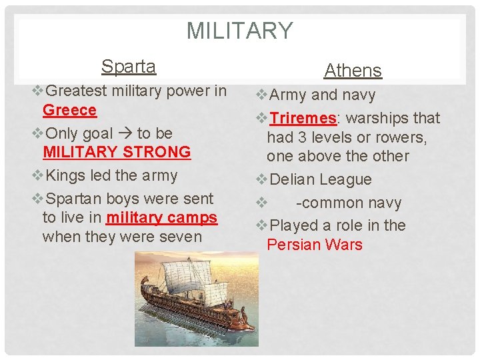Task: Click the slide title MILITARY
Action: pos(239,31)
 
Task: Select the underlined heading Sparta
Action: pos(129,66)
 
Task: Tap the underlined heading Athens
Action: pos(353,70)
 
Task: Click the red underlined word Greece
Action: pos(69,110)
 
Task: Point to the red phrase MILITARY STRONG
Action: pos(117,152)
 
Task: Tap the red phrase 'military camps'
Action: pos(161,218)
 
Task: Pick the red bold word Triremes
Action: pos(303,119)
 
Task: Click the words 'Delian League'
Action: pos(319,180)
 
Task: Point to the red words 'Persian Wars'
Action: pos(314,245)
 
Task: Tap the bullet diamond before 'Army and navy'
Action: pos(261,95)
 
